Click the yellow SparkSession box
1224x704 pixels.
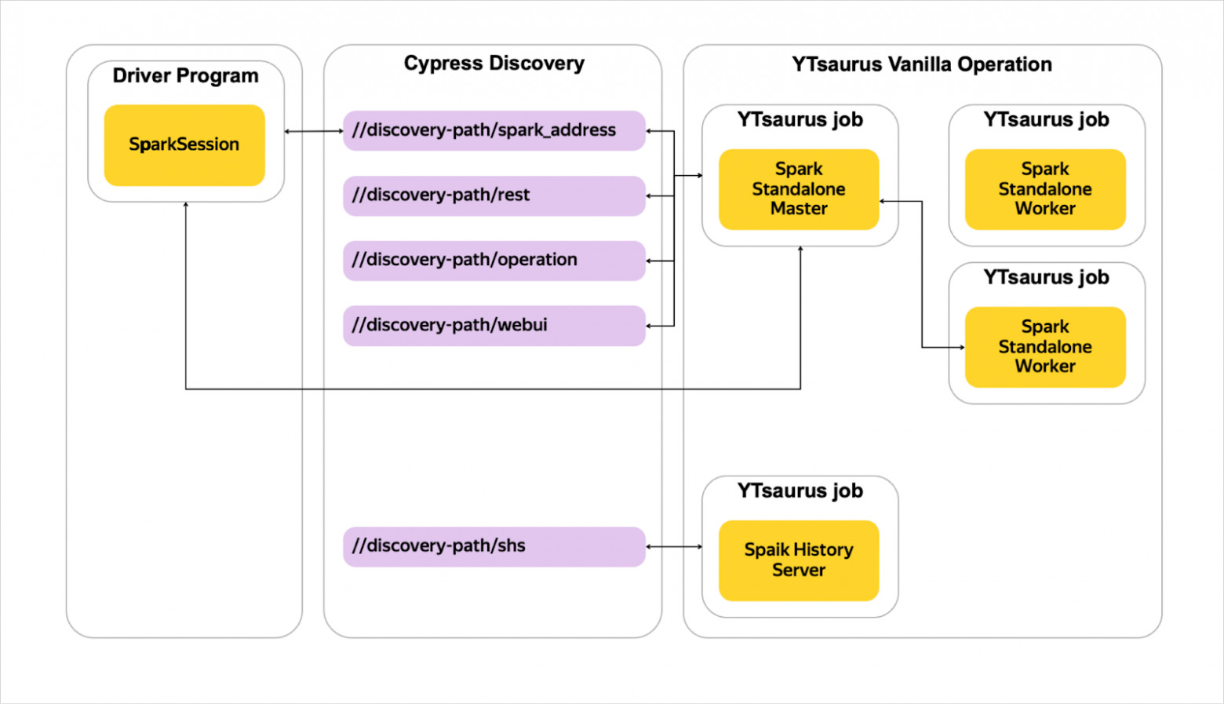click(x=184, y=145)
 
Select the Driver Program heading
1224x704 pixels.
click(x=185, y=76)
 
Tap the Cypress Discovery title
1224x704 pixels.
click(x=494, y=64)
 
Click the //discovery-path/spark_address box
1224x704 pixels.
click(x=494, y=130)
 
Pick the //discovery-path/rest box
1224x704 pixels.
click(x=494, y=195)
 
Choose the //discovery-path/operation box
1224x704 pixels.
click(x=494, y=261)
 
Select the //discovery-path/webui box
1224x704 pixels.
click(x=494, y=326)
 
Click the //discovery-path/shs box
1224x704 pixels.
click(x=494, y=546)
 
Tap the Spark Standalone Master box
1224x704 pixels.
click(x=799, y=189)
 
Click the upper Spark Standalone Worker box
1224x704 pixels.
click(x=1045, y=189)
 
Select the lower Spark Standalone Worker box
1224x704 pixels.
click(x=1045, y=347)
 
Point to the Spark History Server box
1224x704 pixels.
click(x=799, y=560)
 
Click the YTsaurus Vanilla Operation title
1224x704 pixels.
click(x=922, y=64)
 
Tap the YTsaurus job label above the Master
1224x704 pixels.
click(x=800, y=120)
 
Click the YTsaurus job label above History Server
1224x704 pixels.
click(x=800, y=491)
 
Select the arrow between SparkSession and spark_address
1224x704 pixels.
click(x=314, y=131)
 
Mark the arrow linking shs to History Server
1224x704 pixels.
click(x=674, y=546)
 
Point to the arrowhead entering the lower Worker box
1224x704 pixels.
click(x=962, y=347)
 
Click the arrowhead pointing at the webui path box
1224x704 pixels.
click(x=649, y=326)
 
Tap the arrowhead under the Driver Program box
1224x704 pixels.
click(x=186, y=205)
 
